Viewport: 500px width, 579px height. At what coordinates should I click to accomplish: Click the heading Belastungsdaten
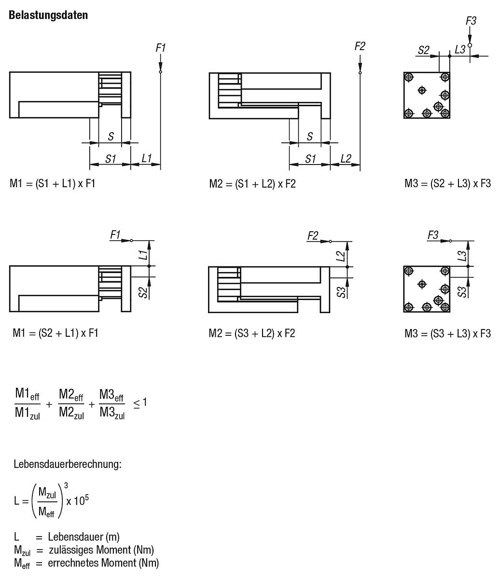pyautogui.click(x=48, y=15)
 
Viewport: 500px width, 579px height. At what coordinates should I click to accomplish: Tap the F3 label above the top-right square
pyautogui.click(x=471, y=21)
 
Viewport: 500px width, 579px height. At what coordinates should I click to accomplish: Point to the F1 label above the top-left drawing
pyautogui.click(x=161, y=48)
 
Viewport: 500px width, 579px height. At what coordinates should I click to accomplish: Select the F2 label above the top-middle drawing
pyautogui.click(x=360, y=46)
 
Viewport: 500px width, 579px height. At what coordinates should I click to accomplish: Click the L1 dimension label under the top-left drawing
pyautogui.click(x=147, y=158)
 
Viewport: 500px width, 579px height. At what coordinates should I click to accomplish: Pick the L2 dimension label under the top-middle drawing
pyautogui.click(x=346, y=158)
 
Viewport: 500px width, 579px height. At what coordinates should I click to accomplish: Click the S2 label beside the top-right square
pyautogui.click(x=423, y=50)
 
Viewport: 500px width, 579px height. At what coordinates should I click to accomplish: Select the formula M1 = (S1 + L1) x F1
pyautogui.click(x=53, y=183)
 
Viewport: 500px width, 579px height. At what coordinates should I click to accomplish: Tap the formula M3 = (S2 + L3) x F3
pyautogui.click(x=447, y=183)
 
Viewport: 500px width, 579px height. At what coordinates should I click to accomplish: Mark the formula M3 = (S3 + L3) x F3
pyautogui.click(x=447, y=333)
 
